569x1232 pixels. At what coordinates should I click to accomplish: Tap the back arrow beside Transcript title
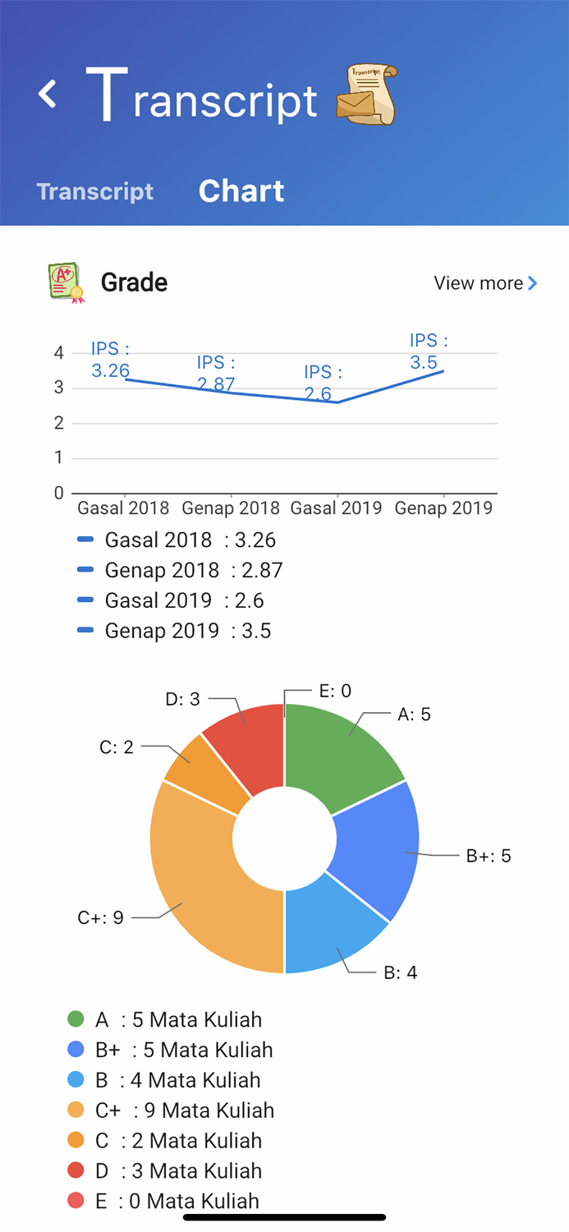[48, 94]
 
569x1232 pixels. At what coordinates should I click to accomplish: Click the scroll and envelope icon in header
[366, 94]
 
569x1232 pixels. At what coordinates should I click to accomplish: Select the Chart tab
[241, 191]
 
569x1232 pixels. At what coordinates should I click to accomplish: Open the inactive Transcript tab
[95, 191]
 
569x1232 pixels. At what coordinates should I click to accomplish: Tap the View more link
[485, 283]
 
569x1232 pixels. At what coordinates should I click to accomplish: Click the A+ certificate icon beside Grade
[66, 283]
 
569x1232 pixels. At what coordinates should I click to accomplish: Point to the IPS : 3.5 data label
[429, 352]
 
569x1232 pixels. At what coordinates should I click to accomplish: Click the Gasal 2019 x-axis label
[336, 508]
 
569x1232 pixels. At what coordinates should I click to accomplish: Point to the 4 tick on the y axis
[59, 353]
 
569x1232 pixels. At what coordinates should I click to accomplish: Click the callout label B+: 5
[489, 856]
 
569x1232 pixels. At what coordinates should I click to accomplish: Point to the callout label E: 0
[335, 691]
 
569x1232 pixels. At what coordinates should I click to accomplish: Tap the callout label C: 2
[117, 747]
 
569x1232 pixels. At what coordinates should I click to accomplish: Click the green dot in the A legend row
[76, 1019]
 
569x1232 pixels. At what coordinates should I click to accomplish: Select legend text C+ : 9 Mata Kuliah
[184, 1110]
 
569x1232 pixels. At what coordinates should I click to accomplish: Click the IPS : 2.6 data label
[323, 384]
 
